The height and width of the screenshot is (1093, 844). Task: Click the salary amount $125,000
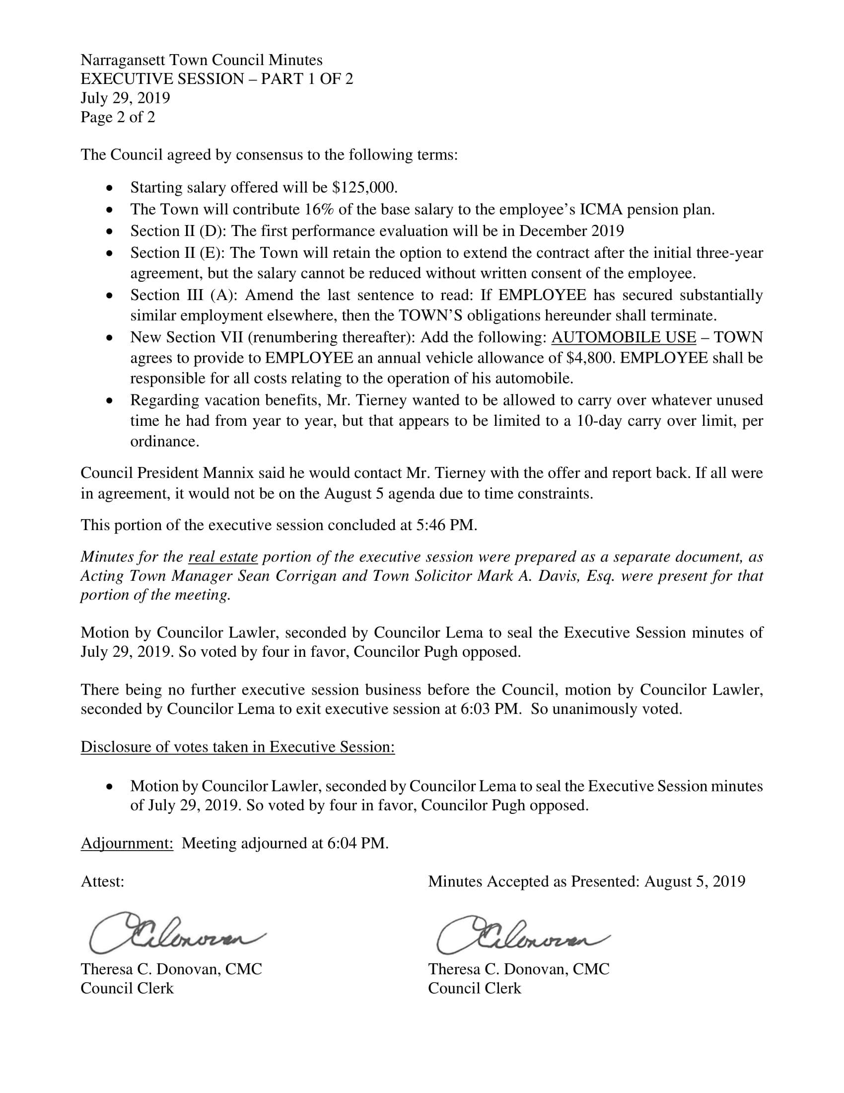[364, 187]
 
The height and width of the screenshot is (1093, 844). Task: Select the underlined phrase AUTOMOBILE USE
[623, 337]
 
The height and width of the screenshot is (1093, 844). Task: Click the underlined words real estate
[223, 556]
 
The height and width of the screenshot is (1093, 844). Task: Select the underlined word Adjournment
[127, 843]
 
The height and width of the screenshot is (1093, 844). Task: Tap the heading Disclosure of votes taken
[237, 747]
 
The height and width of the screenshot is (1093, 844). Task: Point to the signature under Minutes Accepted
[522, 934]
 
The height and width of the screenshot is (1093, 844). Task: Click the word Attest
[102, 881]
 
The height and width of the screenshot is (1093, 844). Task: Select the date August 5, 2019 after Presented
[695, 881]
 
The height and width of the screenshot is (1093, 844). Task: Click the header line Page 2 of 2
[118, 117]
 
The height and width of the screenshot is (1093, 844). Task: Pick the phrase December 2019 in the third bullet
[571, 231]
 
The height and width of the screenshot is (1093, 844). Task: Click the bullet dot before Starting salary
[110, 188]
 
